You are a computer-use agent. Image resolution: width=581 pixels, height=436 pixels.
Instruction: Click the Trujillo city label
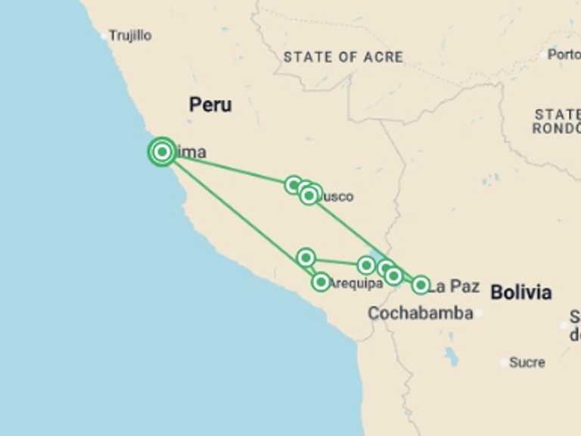point(130,36)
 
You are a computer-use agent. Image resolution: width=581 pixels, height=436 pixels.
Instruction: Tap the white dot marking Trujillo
point(104,36)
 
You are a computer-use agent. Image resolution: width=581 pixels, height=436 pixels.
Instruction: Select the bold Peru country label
point(210,104)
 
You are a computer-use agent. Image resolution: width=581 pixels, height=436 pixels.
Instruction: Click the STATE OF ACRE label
point(343,57)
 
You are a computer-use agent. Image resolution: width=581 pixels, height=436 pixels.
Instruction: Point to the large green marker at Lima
point(162,152)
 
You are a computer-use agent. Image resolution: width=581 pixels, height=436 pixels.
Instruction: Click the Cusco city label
point(337,197)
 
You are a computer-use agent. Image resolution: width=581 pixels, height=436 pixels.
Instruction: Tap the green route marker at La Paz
point(421,285)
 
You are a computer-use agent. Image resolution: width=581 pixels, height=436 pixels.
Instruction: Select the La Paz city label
point(455,286)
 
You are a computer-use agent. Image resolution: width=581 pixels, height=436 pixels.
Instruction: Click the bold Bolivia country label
point(520,292)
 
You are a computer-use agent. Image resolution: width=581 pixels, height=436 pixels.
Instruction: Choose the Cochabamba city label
point(420,313)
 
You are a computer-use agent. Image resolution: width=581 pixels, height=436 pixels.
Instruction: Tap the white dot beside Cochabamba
point(479,313)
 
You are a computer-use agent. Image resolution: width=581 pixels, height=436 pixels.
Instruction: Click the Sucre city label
point(527,363)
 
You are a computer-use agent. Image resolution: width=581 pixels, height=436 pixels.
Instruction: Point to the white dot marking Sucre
point(505,363)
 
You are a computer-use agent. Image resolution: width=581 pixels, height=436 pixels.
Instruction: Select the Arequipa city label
point(356,284)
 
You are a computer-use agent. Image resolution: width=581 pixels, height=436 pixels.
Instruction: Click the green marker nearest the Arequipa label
point(321,282)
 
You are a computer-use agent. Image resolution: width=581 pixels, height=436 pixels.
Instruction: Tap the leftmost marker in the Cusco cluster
point(294,185)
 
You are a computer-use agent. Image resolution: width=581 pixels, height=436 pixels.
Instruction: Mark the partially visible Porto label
point(564,54)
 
